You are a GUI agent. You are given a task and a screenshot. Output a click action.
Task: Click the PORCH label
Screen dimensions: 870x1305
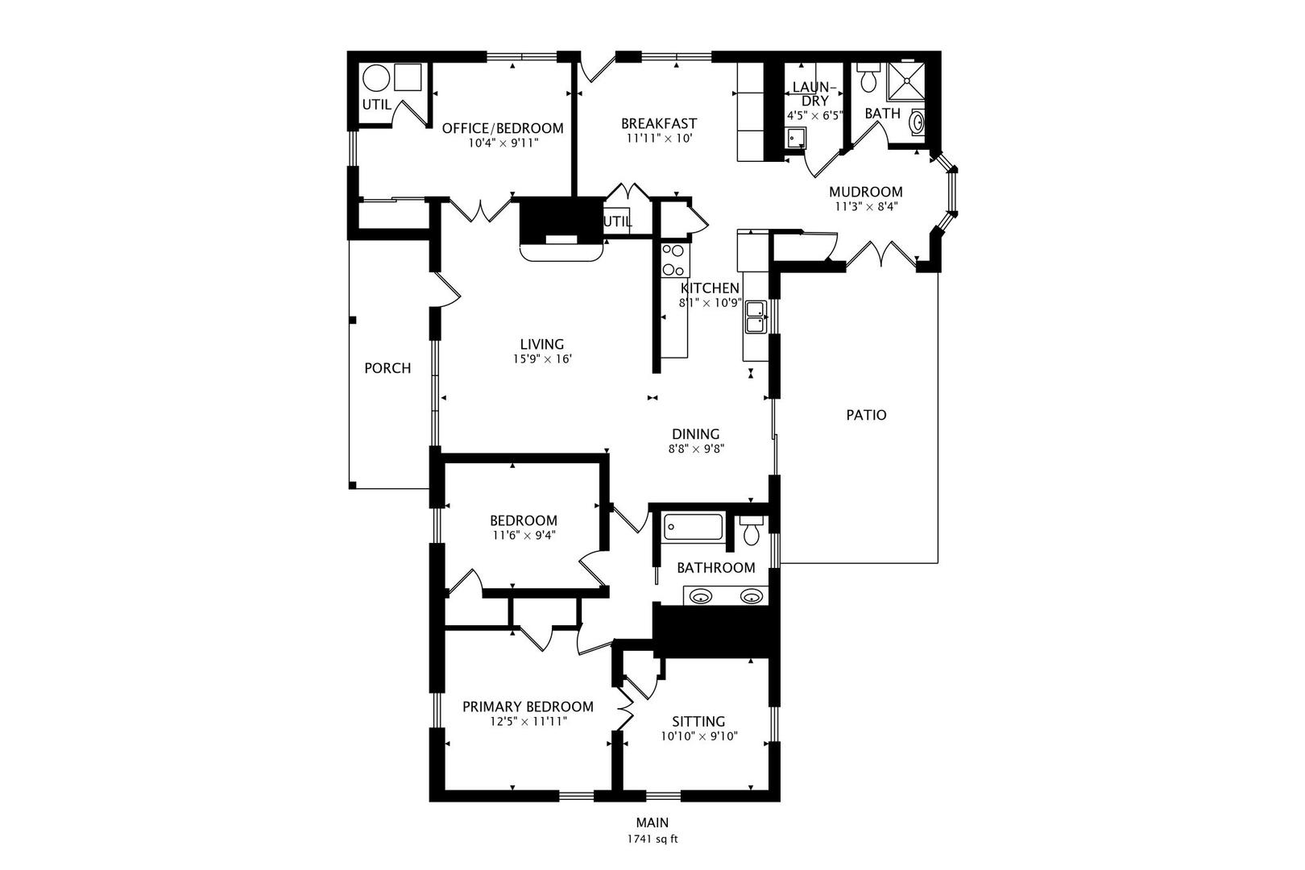[387, 368]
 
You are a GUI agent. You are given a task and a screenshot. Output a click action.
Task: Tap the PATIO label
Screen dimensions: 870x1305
[866, 415]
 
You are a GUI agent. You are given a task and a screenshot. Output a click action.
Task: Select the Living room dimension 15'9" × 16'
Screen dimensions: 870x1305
[541, 359]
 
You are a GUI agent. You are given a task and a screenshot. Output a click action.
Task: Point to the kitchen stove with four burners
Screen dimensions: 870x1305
[673, 260]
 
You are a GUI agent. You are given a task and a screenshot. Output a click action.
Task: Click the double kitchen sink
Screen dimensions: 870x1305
[756, 316]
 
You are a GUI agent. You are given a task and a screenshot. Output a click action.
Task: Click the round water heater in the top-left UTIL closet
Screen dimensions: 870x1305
[375, 79]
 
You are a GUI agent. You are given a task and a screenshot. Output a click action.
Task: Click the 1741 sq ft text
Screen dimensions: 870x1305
[652, 839]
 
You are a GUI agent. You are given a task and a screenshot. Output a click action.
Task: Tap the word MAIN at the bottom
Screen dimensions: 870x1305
[652, 822]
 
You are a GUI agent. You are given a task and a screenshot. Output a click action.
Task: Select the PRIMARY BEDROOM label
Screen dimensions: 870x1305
[528, 706]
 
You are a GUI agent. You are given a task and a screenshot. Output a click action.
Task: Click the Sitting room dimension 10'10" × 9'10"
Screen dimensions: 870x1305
[698, 735]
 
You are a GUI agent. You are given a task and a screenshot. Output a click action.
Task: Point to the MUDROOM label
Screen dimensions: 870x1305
[866, 192]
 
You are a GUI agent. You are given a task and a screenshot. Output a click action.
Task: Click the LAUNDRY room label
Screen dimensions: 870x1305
[814, 93]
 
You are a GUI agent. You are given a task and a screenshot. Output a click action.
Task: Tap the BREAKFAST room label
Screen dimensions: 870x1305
[658, 123]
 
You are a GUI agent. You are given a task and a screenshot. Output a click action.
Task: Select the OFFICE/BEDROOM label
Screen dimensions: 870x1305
[503, 128]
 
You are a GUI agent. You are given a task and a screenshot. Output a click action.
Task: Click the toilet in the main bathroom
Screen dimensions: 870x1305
[752, 532]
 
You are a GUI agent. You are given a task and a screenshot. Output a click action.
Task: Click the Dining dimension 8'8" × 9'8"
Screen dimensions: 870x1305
[696, 449]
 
